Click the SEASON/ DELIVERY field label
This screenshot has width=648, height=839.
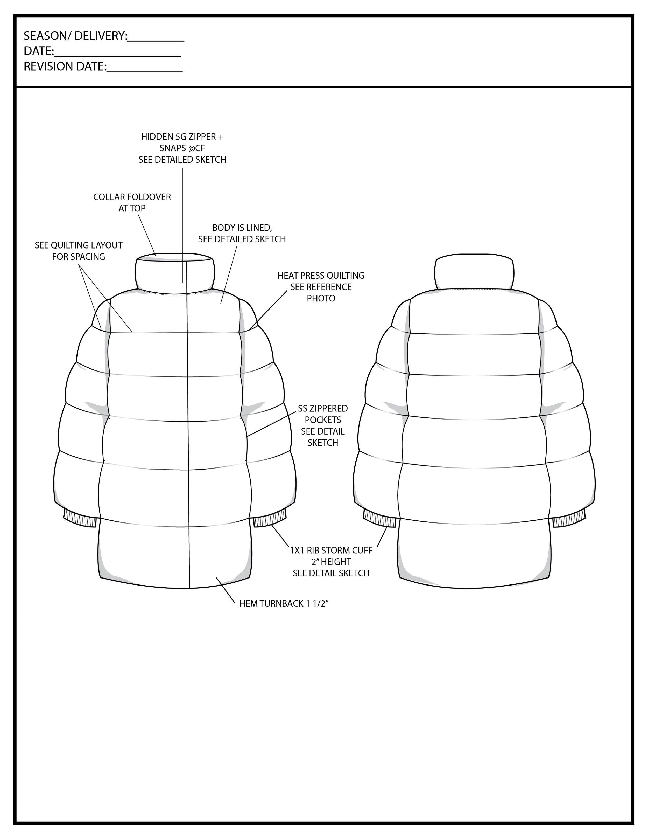75,36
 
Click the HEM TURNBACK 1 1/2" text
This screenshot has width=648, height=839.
284,603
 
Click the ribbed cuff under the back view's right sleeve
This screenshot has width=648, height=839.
569,519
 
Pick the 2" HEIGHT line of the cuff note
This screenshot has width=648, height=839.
331,562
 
